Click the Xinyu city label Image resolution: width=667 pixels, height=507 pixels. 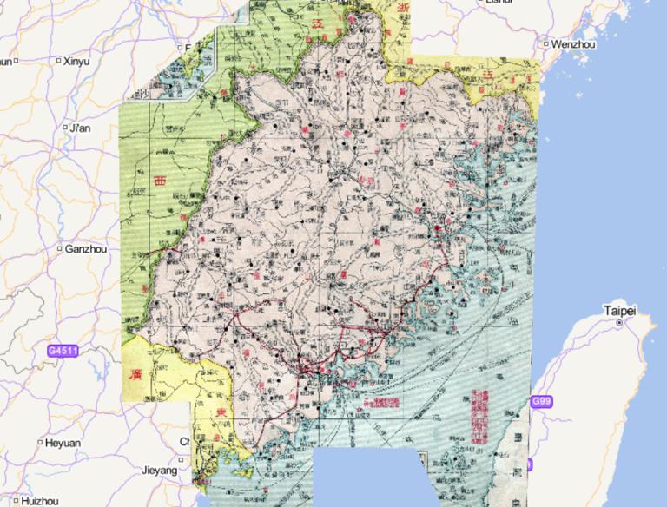76,62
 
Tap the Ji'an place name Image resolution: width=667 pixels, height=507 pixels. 80,128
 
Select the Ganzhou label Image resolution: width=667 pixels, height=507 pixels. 87,249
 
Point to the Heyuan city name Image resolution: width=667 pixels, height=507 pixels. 63,443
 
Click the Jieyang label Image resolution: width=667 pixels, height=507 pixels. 159,470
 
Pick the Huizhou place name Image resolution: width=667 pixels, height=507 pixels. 40,501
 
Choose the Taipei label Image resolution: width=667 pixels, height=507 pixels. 620,310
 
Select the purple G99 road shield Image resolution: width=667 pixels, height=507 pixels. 540,401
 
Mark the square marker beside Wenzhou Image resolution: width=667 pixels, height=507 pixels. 545,43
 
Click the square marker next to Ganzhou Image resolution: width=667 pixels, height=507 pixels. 59,249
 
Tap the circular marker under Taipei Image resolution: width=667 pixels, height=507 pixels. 618,323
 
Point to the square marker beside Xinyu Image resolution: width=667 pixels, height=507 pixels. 58,62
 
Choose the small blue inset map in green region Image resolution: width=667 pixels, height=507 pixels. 190,71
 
